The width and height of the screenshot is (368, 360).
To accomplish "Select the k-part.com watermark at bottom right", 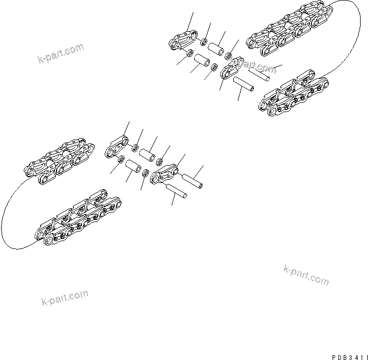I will tap(306, 274).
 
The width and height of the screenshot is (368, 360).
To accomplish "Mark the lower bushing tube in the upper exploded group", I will tap(201, 62).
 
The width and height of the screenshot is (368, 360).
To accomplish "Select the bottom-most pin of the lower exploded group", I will tap(177, 191).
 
